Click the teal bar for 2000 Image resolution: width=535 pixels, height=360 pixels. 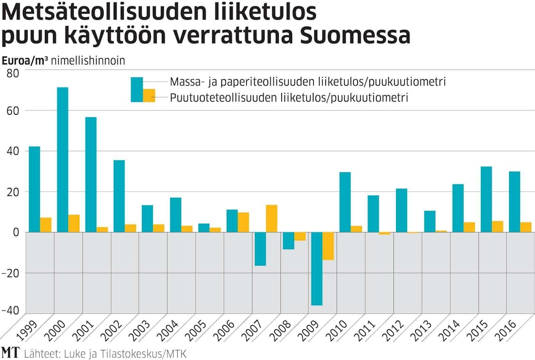tap(63, 160)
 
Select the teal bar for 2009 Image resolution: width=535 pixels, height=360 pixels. tap(317, 268)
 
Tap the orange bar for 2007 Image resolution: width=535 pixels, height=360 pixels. tap(271, 218)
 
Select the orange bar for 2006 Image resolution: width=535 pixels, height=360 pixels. tap(243, 222)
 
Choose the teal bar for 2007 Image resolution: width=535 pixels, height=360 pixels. tap(260, 249)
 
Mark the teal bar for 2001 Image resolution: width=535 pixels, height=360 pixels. tap(91, 174)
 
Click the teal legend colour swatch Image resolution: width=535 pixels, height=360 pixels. tap(137, 83)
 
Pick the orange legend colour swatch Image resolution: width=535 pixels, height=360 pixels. tap(149, 95)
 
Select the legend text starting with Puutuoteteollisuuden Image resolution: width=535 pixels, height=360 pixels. tap(289, 98)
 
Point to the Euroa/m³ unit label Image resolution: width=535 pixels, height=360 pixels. tap(25, 60)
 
